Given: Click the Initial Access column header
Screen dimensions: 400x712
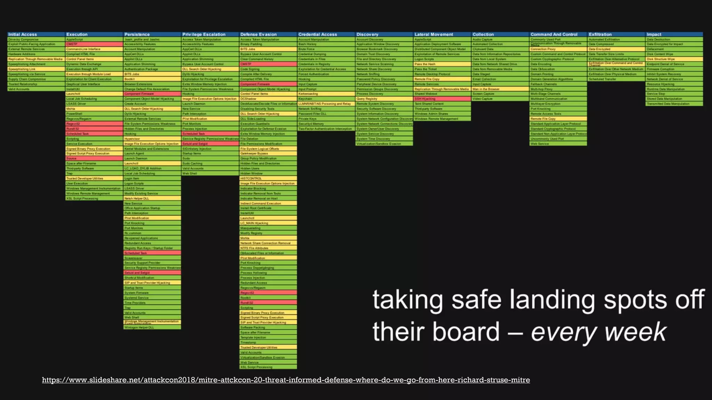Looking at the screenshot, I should pos(23,34).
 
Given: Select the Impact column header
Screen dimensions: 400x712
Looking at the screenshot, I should pos(654,34).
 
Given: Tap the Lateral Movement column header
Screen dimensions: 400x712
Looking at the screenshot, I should pos(434,34).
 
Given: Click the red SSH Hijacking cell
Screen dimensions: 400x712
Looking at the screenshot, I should pos(425,99).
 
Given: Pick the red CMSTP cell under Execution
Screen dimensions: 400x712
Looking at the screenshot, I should pos(72,44).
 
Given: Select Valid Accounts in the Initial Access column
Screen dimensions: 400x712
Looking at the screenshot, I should pos(19,89).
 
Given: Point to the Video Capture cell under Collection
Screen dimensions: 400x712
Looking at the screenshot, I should pos(483,99).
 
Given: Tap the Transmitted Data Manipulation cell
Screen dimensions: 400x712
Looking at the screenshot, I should pos(668,104).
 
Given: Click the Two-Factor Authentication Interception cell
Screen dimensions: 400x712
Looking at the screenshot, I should pos(325,129).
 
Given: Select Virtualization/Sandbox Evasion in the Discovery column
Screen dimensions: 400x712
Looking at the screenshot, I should pos(379,144).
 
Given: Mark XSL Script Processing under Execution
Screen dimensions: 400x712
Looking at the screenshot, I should pos(82,199).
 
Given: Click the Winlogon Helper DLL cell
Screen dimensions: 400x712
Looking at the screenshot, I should pos(139,327).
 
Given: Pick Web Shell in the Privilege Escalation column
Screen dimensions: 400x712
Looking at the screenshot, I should pos(189,174).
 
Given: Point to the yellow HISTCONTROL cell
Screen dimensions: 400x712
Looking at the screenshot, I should pos(251,178).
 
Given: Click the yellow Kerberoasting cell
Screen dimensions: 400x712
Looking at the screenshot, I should pos(308,94).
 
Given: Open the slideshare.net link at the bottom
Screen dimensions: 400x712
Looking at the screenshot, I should pos(286,380).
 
